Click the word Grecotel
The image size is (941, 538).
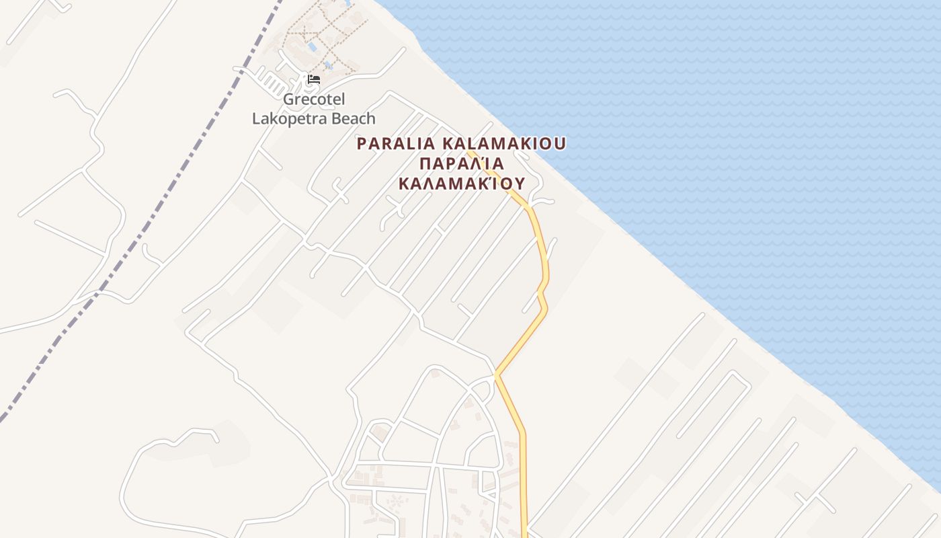coord(313,100)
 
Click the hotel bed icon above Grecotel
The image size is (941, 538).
coord(313,79)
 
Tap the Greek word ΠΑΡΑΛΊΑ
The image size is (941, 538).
coord(461,163)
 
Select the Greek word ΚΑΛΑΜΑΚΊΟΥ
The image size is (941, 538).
coord(461,184)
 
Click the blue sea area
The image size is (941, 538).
coord(739,134)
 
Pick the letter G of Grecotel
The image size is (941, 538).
coord(289,100)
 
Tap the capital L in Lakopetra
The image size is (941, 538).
coord(256,119)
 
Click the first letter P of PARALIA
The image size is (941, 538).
coord(362,143)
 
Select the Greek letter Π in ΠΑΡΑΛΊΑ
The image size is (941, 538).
coord(424,163)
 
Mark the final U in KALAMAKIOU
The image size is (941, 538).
coord(560,143)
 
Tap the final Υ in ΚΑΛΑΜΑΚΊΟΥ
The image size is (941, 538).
coord(519,184)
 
